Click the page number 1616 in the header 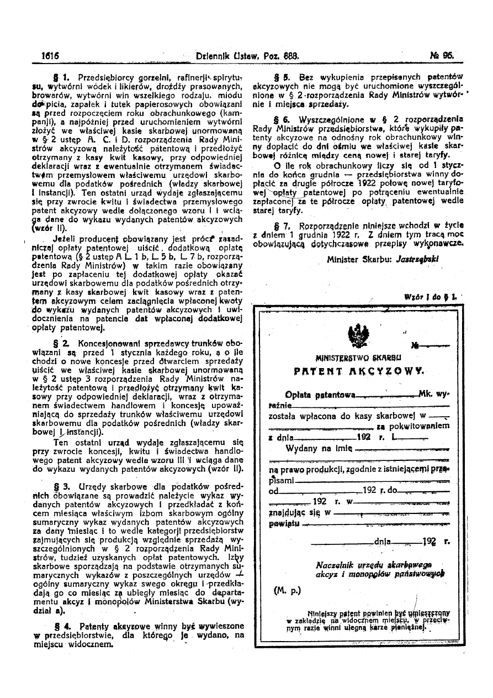pyautogui.click(x=50, y=56)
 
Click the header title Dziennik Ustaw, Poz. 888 pyautogui.click(x=247, y=56)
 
